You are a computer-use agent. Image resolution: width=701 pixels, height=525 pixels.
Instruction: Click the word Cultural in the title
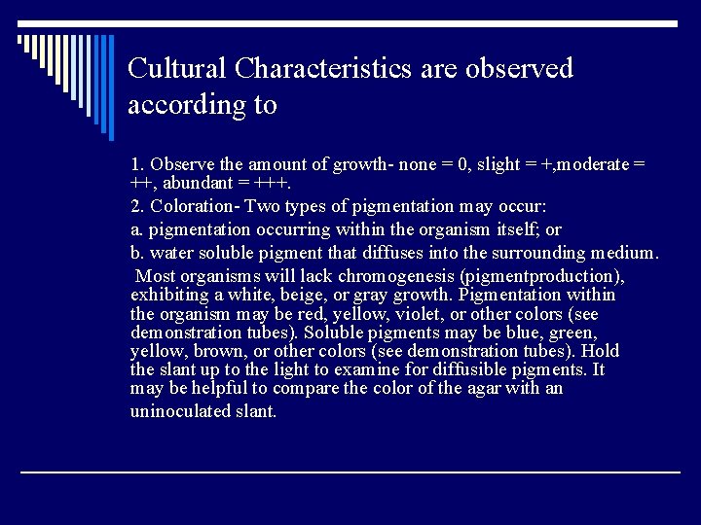(177, 69)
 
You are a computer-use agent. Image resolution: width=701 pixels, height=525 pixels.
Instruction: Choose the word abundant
(195, 183)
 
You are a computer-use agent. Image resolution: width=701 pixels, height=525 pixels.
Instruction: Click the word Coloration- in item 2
(194, 206)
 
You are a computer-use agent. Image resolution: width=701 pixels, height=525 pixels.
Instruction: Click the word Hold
(602, 351)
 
